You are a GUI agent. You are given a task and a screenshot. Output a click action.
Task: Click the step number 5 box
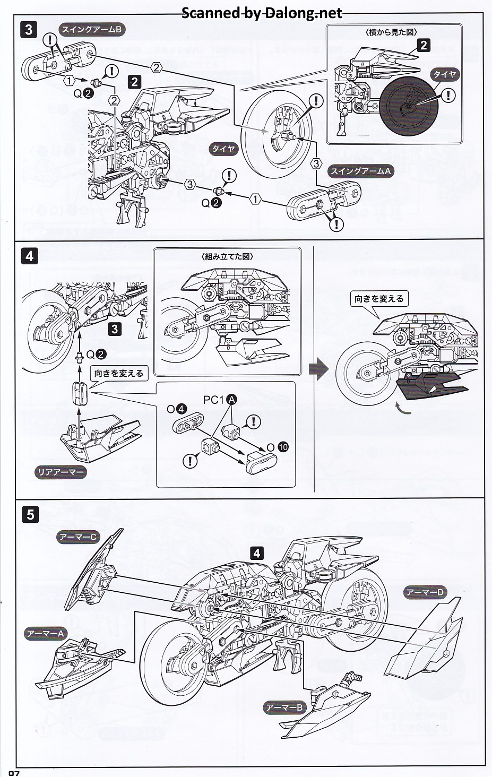pyautogui.click(x=31, y=514)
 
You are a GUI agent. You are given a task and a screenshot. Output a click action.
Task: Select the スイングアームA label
pyautogui.click(x=360, y=171)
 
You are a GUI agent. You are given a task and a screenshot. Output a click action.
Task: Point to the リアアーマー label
pyautogui.click(x=61, y=472)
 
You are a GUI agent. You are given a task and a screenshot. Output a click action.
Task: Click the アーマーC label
pyautogui.click(x=77, y=537)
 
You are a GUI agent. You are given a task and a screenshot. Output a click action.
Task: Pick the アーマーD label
pyautogui.click(x=425, y=592)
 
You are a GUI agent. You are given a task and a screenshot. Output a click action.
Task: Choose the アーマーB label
pyautogui.click(x=284, y=707)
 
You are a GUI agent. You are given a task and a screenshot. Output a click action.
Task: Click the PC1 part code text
pyautogui.click(x=213, y=401)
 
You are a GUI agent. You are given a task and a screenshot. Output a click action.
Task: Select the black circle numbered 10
pyautogui.click(x=283, y=447)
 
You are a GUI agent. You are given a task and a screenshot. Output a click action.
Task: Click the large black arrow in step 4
pyautogui.click(x=318, y=369)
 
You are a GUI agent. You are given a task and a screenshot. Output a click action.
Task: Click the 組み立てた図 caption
pyautogui.click(x=227, y=256)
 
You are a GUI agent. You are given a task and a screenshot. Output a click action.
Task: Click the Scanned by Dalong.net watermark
pyautogui.click(x=262, y=13)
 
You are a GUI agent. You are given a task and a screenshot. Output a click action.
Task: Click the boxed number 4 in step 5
pyautogui.click(x=257, y=553)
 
